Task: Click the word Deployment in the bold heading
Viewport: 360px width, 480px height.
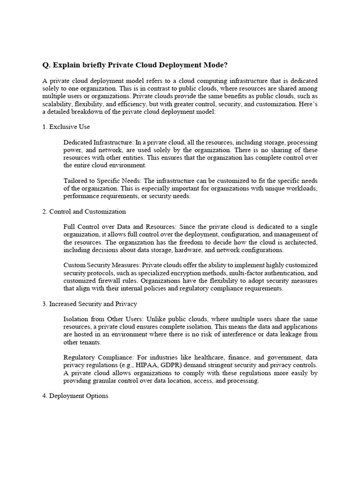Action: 179,65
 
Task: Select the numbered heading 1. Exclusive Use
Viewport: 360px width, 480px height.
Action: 66,127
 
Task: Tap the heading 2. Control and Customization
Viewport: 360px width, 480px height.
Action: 84,211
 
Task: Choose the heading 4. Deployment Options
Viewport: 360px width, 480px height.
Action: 75,396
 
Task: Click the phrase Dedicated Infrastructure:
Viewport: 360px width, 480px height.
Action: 96,142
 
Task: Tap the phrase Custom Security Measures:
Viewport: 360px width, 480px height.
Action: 101,265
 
